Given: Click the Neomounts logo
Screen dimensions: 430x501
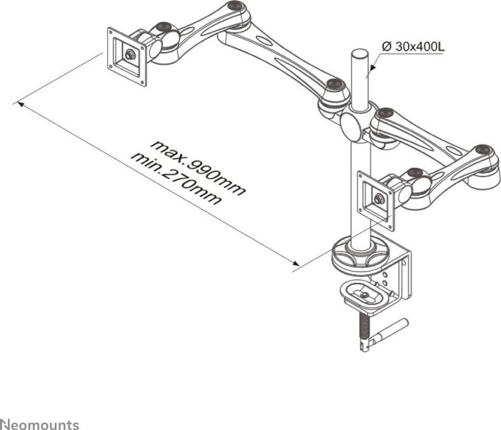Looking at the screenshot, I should coord(39,424).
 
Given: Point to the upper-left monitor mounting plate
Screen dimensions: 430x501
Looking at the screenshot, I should coord(127,56).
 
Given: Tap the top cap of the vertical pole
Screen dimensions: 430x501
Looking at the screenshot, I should coord(360,52).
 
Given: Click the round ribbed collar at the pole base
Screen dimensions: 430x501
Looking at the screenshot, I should coord(360,255).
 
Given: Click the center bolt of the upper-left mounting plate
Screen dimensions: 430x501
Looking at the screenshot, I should coord(130,55).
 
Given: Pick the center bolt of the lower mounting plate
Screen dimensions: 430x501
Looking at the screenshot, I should coord(378,199).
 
